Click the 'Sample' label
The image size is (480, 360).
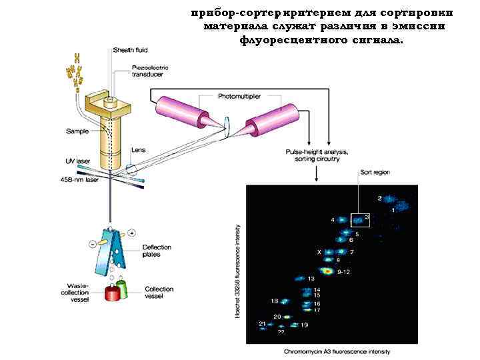(x=77, y=131)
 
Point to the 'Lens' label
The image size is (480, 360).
(x=138, y=150)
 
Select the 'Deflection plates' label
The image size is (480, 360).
(x=157, y=251)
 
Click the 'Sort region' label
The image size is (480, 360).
(x=374, y=172)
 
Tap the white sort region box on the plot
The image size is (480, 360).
(x=361, y=216)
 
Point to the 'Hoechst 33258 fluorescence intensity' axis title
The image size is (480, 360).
(x=238, y=271)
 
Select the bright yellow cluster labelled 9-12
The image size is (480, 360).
(x=327, y=271)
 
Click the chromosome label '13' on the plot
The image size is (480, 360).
(x=311, y=278)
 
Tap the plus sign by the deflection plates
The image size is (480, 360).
(x=132, y=233)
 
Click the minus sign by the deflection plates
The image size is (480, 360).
(x=91, y=244)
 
